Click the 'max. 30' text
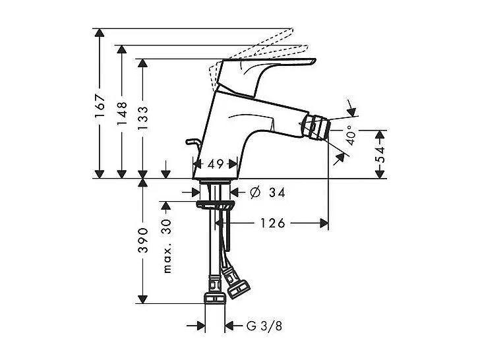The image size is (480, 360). click(x=167, y=246)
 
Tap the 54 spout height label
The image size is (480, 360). click(x=380, y=154)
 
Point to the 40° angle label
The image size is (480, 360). click(x=350, y=136)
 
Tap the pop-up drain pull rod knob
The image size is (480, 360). click(x=192, y=141)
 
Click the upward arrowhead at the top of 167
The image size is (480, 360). click(x=99, y=33)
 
